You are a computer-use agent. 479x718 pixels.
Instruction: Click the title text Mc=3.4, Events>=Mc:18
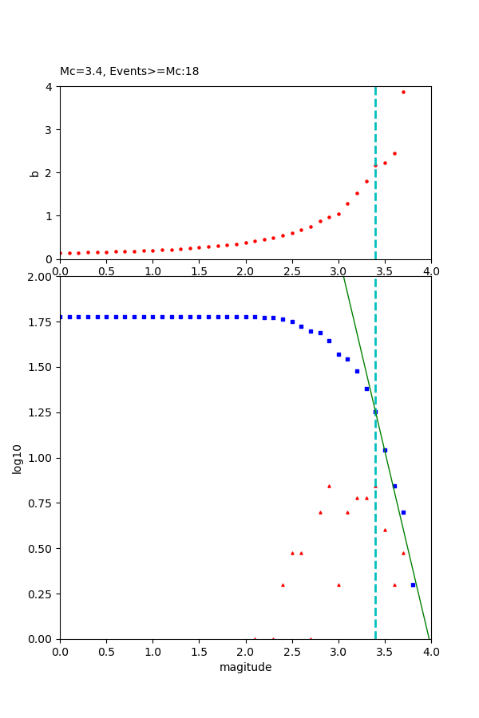click(x=129, y=72)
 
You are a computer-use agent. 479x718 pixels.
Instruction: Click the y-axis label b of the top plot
click(x=34, y=172)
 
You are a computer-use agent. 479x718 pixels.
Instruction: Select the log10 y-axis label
click(x=18, y=458)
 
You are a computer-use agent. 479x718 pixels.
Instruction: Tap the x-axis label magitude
click(x=245, y=667)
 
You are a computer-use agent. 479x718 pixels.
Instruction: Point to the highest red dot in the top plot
click(x=403, y=92)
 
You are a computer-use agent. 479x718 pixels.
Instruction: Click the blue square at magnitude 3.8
click(x=413, y=585)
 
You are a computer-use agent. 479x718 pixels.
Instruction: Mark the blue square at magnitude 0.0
click(x=61, y=317)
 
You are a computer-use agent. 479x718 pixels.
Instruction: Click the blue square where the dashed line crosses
click(x=375, y=412)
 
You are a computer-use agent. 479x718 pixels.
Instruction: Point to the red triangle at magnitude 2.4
click(x=283, y=585)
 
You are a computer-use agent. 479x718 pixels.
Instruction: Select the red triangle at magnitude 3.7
click(x=403, y=553)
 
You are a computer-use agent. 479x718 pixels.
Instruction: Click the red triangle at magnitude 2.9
click(x=329, y=486)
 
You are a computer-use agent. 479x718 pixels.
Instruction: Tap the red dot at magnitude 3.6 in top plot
click(x=394, y=153)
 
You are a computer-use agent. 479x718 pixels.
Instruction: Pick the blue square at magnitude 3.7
click(x=403, y=512)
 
